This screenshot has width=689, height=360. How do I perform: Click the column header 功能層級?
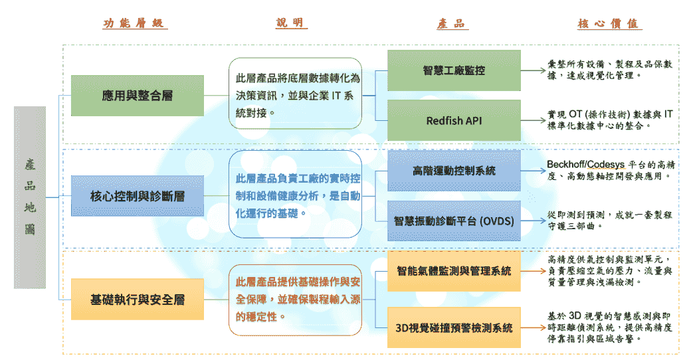135,24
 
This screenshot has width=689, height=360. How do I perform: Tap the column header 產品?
452,24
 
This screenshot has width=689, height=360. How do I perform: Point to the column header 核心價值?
609,24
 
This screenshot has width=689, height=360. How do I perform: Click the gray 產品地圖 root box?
30,197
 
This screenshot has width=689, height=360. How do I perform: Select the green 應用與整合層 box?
138,96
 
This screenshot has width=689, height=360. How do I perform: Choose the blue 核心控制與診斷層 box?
138,196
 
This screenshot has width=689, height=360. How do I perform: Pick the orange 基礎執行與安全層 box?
138,300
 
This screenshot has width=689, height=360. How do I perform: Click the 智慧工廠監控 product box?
454,70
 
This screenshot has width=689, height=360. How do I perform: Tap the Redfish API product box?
454,121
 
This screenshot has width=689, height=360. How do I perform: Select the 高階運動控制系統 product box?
454,171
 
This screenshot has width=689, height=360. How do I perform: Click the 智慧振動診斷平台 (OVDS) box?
454,221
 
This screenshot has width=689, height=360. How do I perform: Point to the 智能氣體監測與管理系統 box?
454,271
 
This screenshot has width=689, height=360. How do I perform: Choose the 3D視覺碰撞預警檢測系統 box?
454,327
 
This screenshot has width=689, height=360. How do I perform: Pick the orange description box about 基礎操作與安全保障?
295,300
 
